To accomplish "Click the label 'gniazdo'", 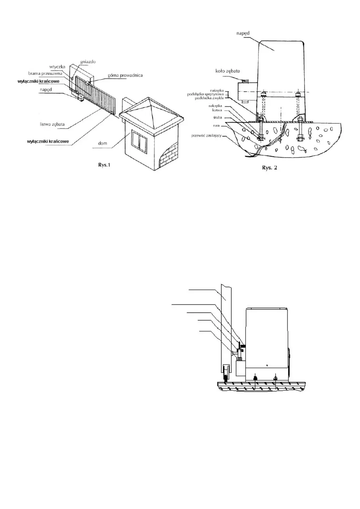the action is [x=88, y=62].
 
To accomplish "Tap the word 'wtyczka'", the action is [x=57, y=67].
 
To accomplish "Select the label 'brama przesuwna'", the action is [x=45, y=73].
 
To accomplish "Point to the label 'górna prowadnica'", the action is [x=125, y=75].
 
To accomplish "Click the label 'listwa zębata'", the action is [x=52, y=124].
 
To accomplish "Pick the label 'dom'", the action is [x=103, y=143].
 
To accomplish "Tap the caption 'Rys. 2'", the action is [x=269, y=168].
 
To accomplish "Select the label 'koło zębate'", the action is [x=227, y=71].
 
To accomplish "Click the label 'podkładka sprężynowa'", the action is [x=205, y=94].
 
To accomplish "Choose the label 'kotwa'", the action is [x=217, y=110].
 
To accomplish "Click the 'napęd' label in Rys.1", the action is [x=46, y=90].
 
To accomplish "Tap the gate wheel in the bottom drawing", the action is [x=226, y=372].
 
